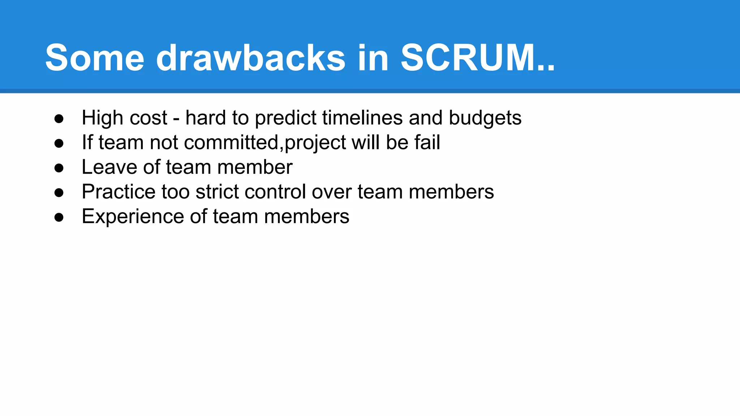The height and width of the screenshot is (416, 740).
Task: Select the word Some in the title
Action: click(x=95, y=58)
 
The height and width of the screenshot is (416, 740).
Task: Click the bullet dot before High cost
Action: click(x=59, y=119)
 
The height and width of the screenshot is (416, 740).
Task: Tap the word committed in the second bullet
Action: click(x=231, y=142)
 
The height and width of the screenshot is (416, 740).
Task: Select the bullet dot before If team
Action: click(x=59, y=143)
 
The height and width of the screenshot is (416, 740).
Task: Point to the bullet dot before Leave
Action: click(x=59, y=168)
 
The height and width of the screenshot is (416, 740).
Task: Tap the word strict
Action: click(x=217, y=191)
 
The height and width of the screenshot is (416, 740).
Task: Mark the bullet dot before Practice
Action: click(x=59, y=192)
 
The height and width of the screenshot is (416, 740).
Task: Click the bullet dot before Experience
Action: click(x=59, y=217)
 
